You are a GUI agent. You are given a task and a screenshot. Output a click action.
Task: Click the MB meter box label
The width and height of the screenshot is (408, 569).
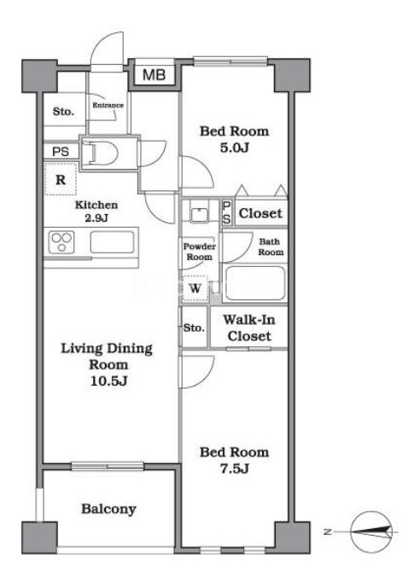point(154,75)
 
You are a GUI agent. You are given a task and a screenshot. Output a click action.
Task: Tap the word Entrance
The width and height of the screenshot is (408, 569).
point(108,105)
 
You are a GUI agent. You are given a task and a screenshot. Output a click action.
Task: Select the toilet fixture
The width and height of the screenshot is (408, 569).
point(100,154)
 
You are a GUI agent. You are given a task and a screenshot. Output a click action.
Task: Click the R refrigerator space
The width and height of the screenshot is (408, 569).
point(61,179)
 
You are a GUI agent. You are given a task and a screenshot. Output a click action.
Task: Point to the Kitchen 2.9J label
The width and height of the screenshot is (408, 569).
point(96,212)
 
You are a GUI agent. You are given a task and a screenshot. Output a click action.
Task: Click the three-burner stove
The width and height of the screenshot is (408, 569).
point(61,241)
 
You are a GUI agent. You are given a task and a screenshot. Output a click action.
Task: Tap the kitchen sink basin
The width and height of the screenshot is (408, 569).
point(112,242)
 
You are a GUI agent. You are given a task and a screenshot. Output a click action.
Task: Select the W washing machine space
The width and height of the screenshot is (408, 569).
point(195,288)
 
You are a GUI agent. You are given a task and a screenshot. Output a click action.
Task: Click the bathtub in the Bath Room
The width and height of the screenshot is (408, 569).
point(255,283)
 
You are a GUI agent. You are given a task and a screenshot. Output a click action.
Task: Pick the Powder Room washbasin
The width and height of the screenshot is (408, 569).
point(199,215)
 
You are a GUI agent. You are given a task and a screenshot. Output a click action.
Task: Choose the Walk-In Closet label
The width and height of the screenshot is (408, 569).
point(249,328)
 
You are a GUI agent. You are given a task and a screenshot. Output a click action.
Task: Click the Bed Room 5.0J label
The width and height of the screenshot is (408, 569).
point(235,139)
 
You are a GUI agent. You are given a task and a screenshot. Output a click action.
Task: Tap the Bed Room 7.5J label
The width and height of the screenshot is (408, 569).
point(235,460)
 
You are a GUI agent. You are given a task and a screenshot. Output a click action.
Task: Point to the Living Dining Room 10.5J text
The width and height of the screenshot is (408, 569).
point(107,364)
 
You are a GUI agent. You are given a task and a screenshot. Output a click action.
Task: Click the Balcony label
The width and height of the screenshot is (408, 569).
point(108,509)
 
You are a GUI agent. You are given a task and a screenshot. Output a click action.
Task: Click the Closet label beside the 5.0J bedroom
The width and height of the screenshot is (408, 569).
point(260,213)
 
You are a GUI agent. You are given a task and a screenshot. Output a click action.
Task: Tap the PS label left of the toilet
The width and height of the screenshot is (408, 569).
point(61,151)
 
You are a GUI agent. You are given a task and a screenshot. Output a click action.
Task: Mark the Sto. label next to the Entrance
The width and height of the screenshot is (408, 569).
point(63,111)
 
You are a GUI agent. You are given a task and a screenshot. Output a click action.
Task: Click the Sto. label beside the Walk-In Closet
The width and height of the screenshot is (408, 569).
point(194,328)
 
